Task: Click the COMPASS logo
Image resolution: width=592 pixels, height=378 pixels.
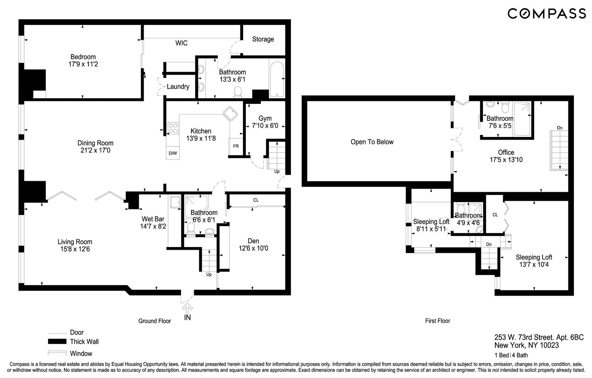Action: pos(546,14)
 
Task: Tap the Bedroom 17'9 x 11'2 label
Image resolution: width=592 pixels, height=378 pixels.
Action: pos(83,60)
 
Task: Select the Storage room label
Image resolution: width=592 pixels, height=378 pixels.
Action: pos(263,39)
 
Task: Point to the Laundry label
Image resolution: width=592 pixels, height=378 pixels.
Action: pos(178,86)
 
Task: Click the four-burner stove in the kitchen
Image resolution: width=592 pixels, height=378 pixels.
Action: pos(173,128)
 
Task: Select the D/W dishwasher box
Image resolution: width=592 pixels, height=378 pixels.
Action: pos(172,153)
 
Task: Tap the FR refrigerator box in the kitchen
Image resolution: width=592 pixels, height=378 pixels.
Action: pos(236,146)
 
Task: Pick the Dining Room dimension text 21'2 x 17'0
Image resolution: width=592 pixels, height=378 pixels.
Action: pos(95,150)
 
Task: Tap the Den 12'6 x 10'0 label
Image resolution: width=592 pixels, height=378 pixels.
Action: pos(253,245)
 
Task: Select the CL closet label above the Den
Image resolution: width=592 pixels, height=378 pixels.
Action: pos(256,200)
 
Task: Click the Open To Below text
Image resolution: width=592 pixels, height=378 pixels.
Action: pos(372,142)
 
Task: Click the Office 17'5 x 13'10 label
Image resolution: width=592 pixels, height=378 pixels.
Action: pos(506,156)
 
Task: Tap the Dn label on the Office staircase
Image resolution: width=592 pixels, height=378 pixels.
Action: pos(559,128)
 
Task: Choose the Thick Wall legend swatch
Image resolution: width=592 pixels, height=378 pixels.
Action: pos(57,342)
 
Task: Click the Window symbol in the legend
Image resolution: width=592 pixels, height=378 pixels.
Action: pos(57,353)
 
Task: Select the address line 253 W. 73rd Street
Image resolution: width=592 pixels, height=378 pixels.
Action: pos(539,337)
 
